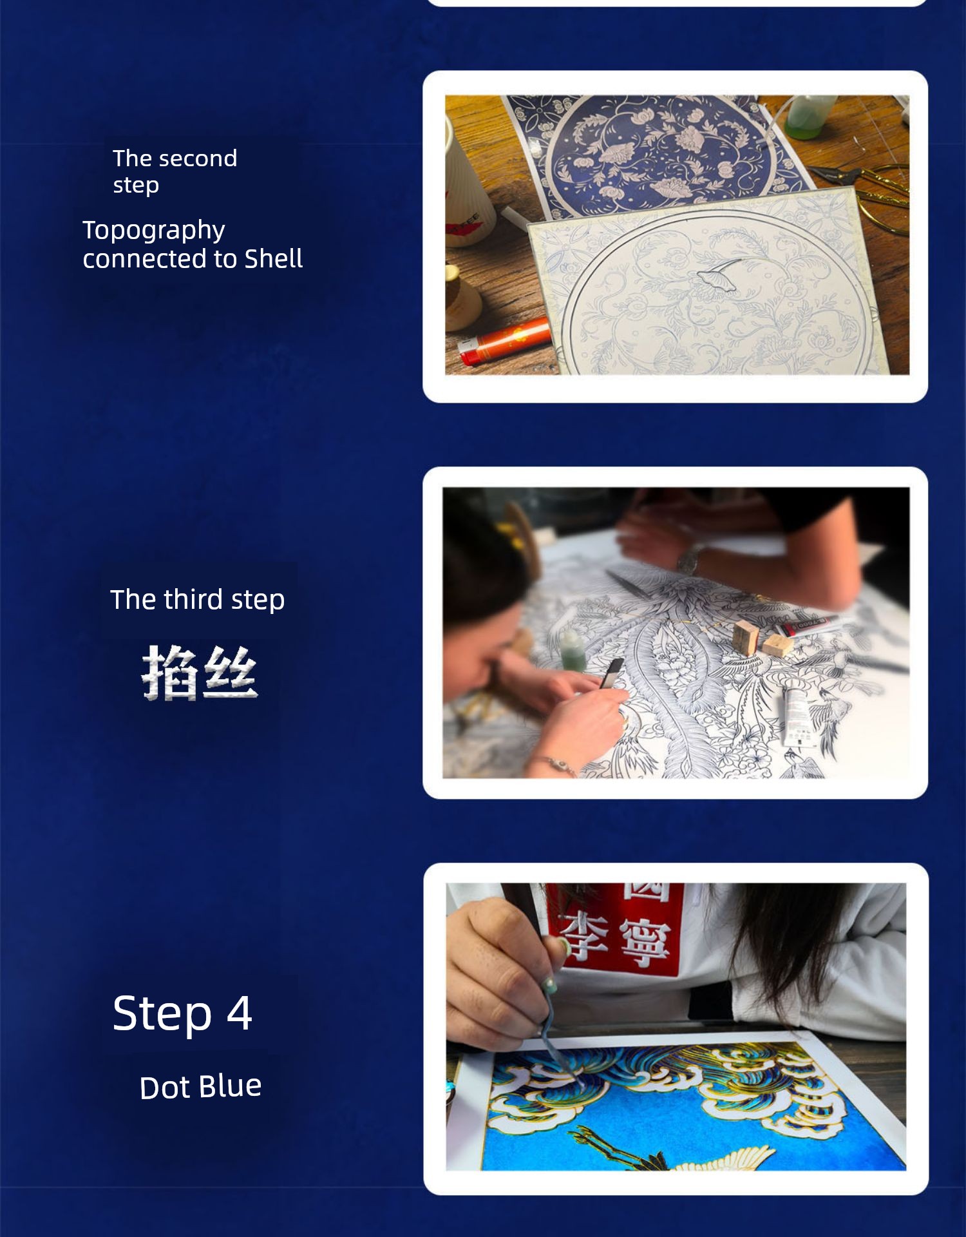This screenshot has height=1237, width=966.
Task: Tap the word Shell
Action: [x=274, y=258]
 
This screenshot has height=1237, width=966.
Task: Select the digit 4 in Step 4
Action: [x=239, y=1013]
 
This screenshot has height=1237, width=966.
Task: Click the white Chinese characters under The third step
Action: [x=200, y=673]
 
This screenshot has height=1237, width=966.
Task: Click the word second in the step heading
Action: [x=197, y=158]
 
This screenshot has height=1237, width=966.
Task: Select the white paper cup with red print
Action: [x=467, y=187]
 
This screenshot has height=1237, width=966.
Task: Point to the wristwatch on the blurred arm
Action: [x=689, y=559]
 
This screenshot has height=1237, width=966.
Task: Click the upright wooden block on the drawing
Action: [x=745, y=637]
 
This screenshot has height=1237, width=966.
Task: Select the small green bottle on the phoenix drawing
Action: [x=572, y=651]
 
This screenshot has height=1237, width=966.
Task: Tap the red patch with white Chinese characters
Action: [x=615, y=928]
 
